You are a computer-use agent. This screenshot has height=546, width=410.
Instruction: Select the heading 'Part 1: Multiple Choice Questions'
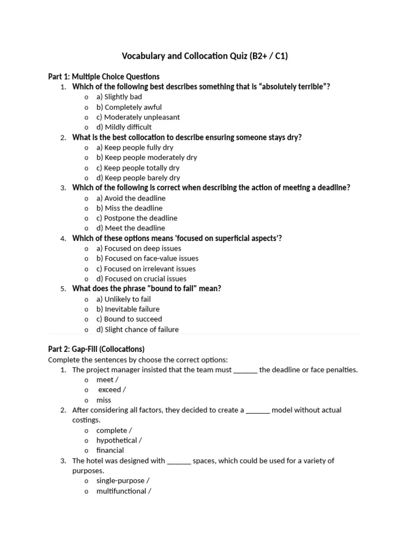click(104, 76)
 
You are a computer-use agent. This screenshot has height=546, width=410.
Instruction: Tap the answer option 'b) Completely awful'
click(129, 107)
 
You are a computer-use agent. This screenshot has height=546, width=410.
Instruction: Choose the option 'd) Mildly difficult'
click(124, 127)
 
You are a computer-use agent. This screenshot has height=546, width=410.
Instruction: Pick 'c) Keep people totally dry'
click(138, 167)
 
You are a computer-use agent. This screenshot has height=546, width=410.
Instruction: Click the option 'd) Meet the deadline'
click(131, 228)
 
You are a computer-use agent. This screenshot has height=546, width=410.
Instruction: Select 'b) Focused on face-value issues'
click(147, 259)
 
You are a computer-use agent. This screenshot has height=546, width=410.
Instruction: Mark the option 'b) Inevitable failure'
click(128, 309)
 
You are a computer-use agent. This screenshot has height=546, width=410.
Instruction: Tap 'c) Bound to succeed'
click(129, 319)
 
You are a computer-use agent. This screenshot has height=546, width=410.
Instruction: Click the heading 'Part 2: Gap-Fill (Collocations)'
click(96, 349)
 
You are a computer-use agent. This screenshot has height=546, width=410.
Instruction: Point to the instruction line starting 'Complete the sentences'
click(138, 359)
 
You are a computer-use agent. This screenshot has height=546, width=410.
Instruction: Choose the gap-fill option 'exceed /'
click(112, 390)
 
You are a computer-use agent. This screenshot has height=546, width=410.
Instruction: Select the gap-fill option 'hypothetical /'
click(119, 440)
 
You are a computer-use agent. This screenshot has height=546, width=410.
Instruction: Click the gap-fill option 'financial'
click(110, 451)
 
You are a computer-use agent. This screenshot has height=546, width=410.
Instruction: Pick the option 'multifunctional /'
click(124, 491)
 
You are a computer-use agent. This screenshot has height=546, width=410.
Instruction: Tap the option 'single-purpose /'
click(121, 481)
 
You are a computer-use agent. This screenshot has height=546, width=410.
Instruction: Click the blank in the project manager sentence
click(246, 370)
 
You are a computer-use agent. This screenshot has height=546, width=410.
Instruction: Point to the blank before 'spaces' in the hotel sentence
click(179, 461)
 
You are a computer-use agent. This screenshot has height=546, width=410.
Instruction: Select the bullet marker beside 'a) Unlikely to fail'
click(86, 300)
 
